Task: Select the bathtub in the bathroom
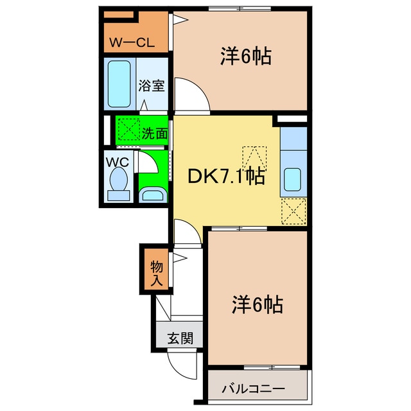(119, 83)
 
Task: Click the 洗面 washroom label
(155, 134)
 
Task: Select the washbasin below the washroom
(152, 195)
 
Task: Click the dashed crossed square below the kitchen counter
(293, 210)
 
